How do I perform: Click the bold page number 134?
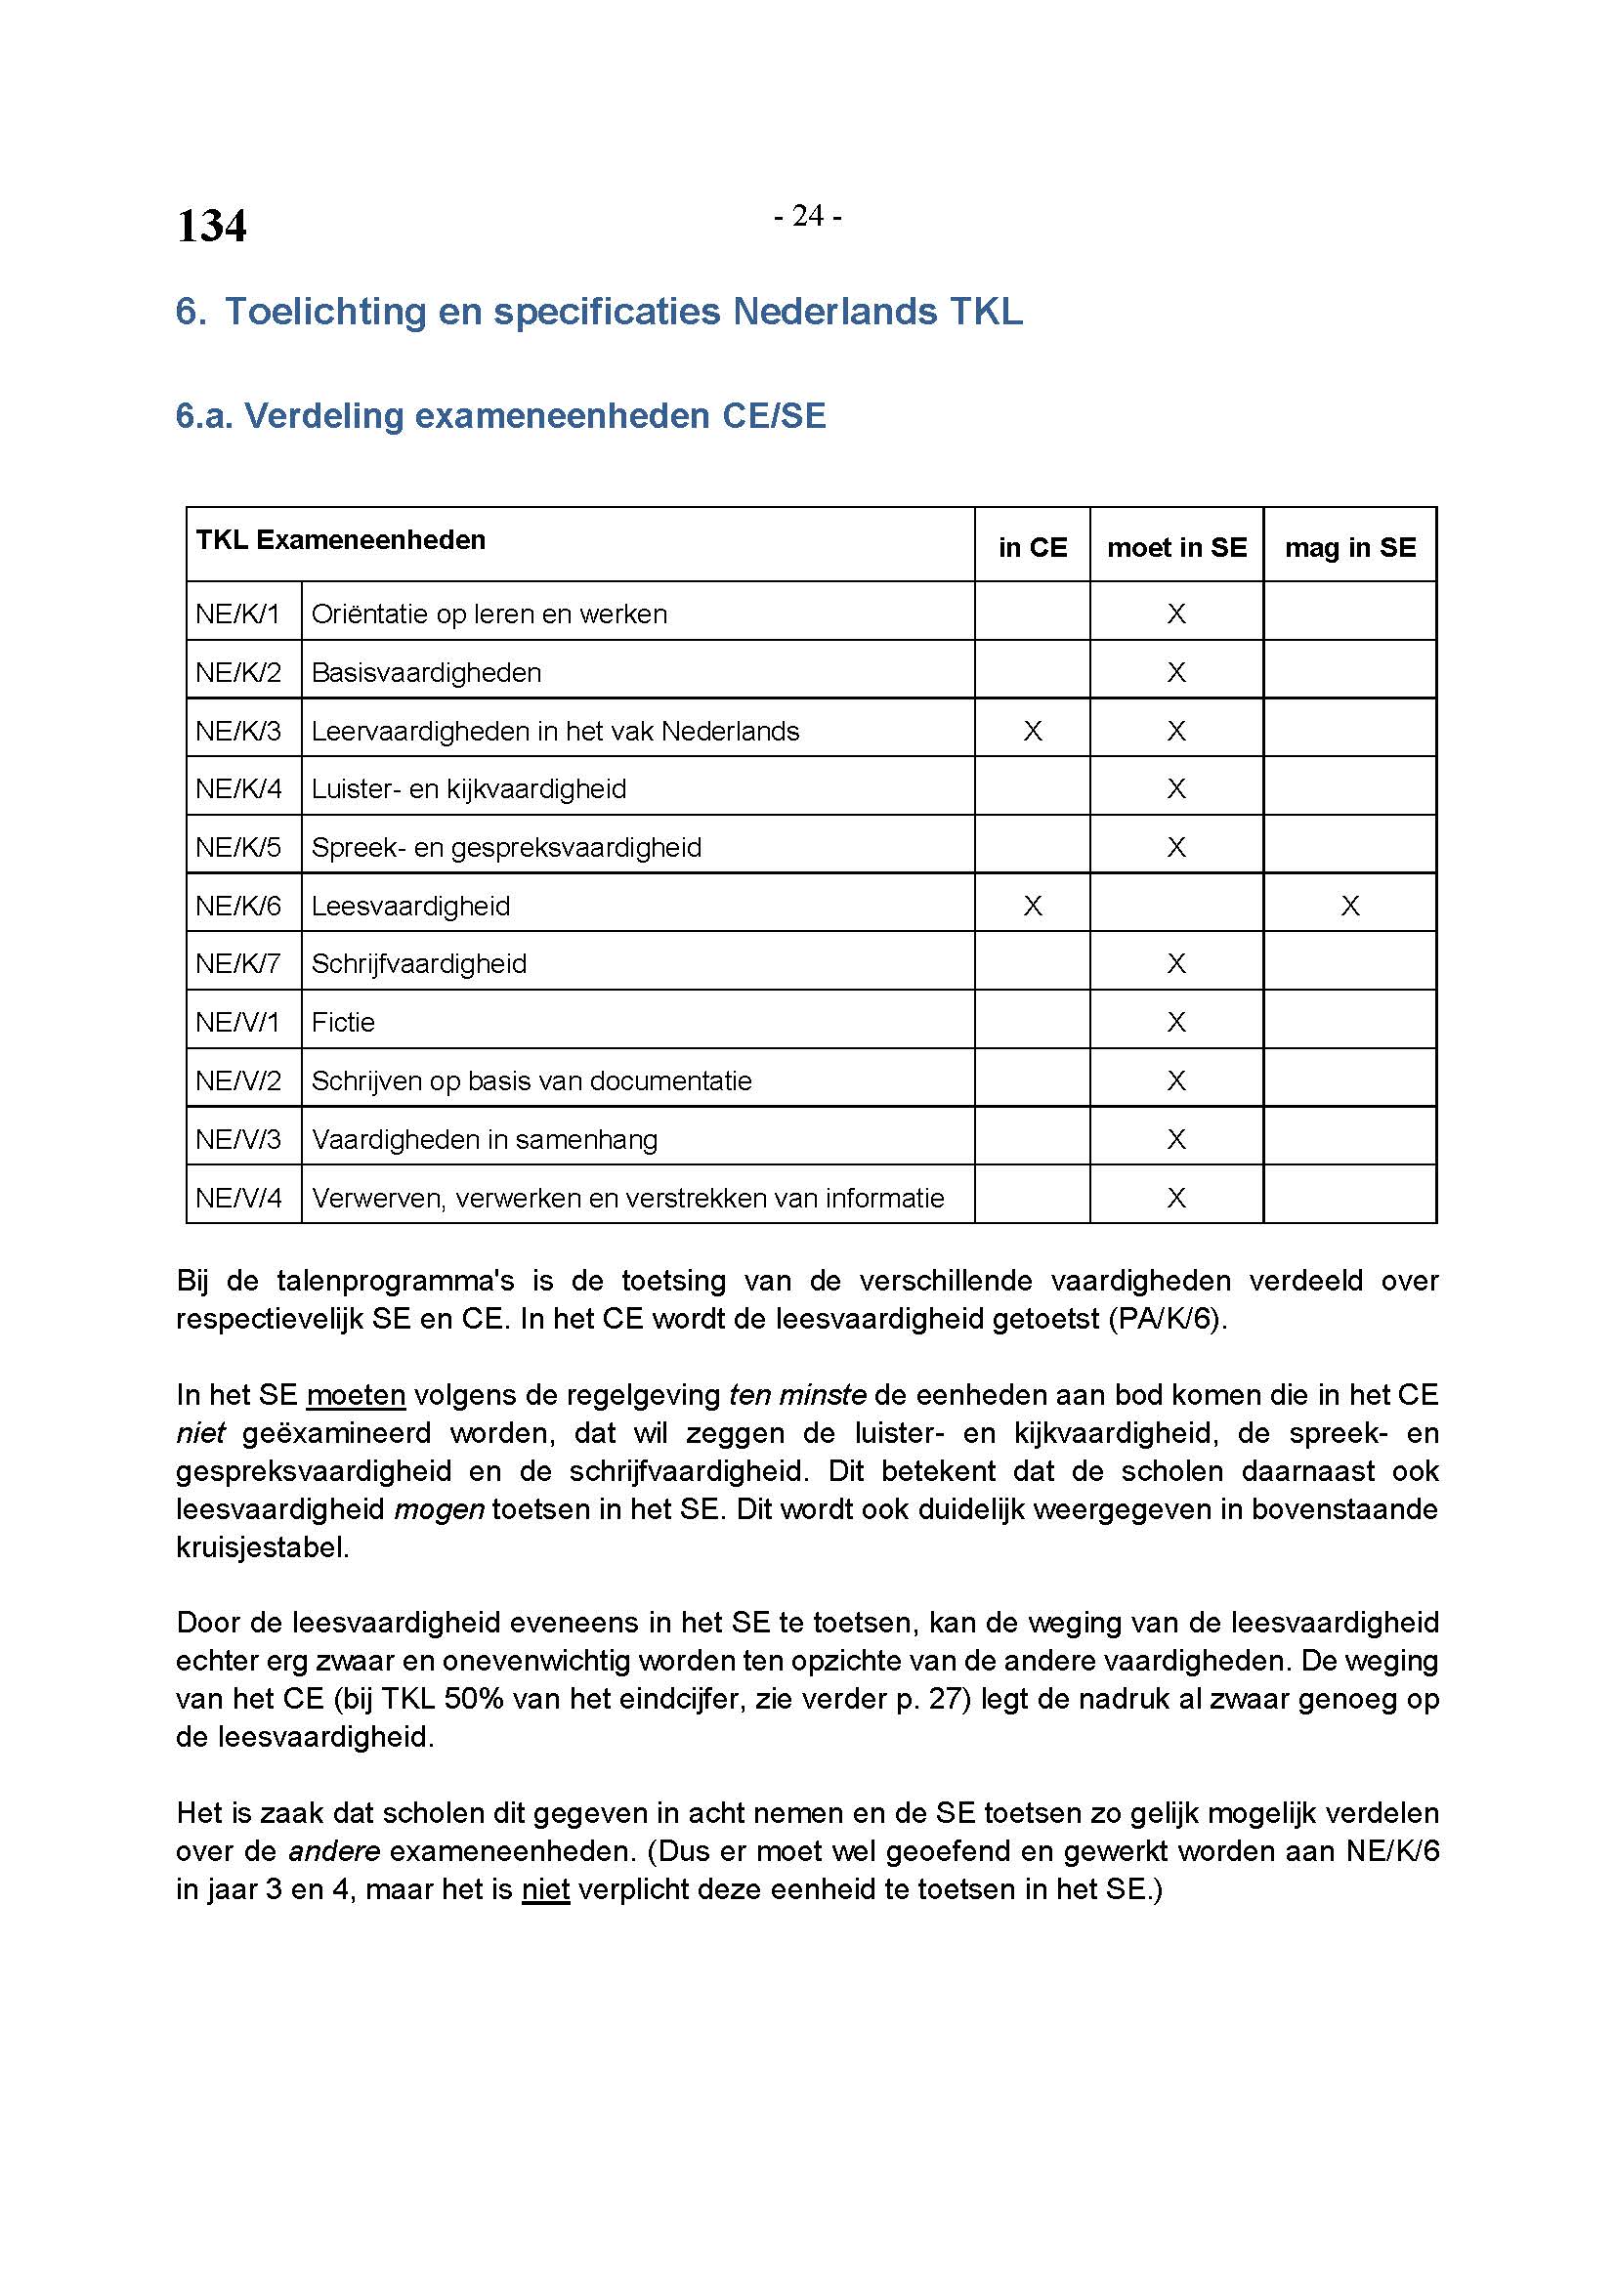pyautogui.click(x=211, y=226)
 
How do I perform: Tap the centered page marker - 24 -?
pyautogui.click(x=807, y=215)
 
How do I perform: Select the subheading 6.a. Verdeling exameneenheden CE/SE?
pyautogui.click(x=500, y=415)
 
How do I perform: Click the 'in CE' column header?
pyautogui.click(x=1032, y=547)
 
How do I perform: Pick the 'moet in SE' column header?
pyautogui.click(x=1176, y=547)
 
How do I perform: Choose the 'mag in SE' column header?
pyautogui.click(x=1349, y=547)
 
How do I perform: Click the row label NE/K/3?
pyautogui.click(x=238, y=731)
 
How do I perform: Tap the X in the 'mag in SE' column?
pyautogui.click(x=1349, y=906)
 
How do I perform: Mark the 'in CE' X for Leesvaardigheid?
pyautogui.click(x=1032, y=906)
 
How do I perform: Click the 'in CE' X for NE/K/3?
pyautogui.click(x=1032, y=731)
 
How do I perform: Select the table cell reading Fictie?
pyautogui.click(x=342, y=1022)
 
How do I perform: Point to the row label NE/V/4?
pyautogui.click(x=238, y=1198)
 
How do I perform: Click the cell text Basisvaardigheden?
pyautogui.click(x=426, y=673)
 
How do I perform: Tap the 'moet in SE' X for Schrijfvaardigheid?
pyautogui.click(x=1176, y=963)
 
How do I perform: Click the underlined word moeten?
pyautogui.click(x=356, y=1395)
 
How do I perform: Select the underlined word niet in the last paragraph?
pyautogui.click(x=545, y=1889)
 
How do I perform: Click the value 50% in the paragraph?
pyautogui.click(x=474, y=1699)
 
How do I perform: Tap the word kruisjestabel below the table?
pyautogui.click(x=262, y=1547)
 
